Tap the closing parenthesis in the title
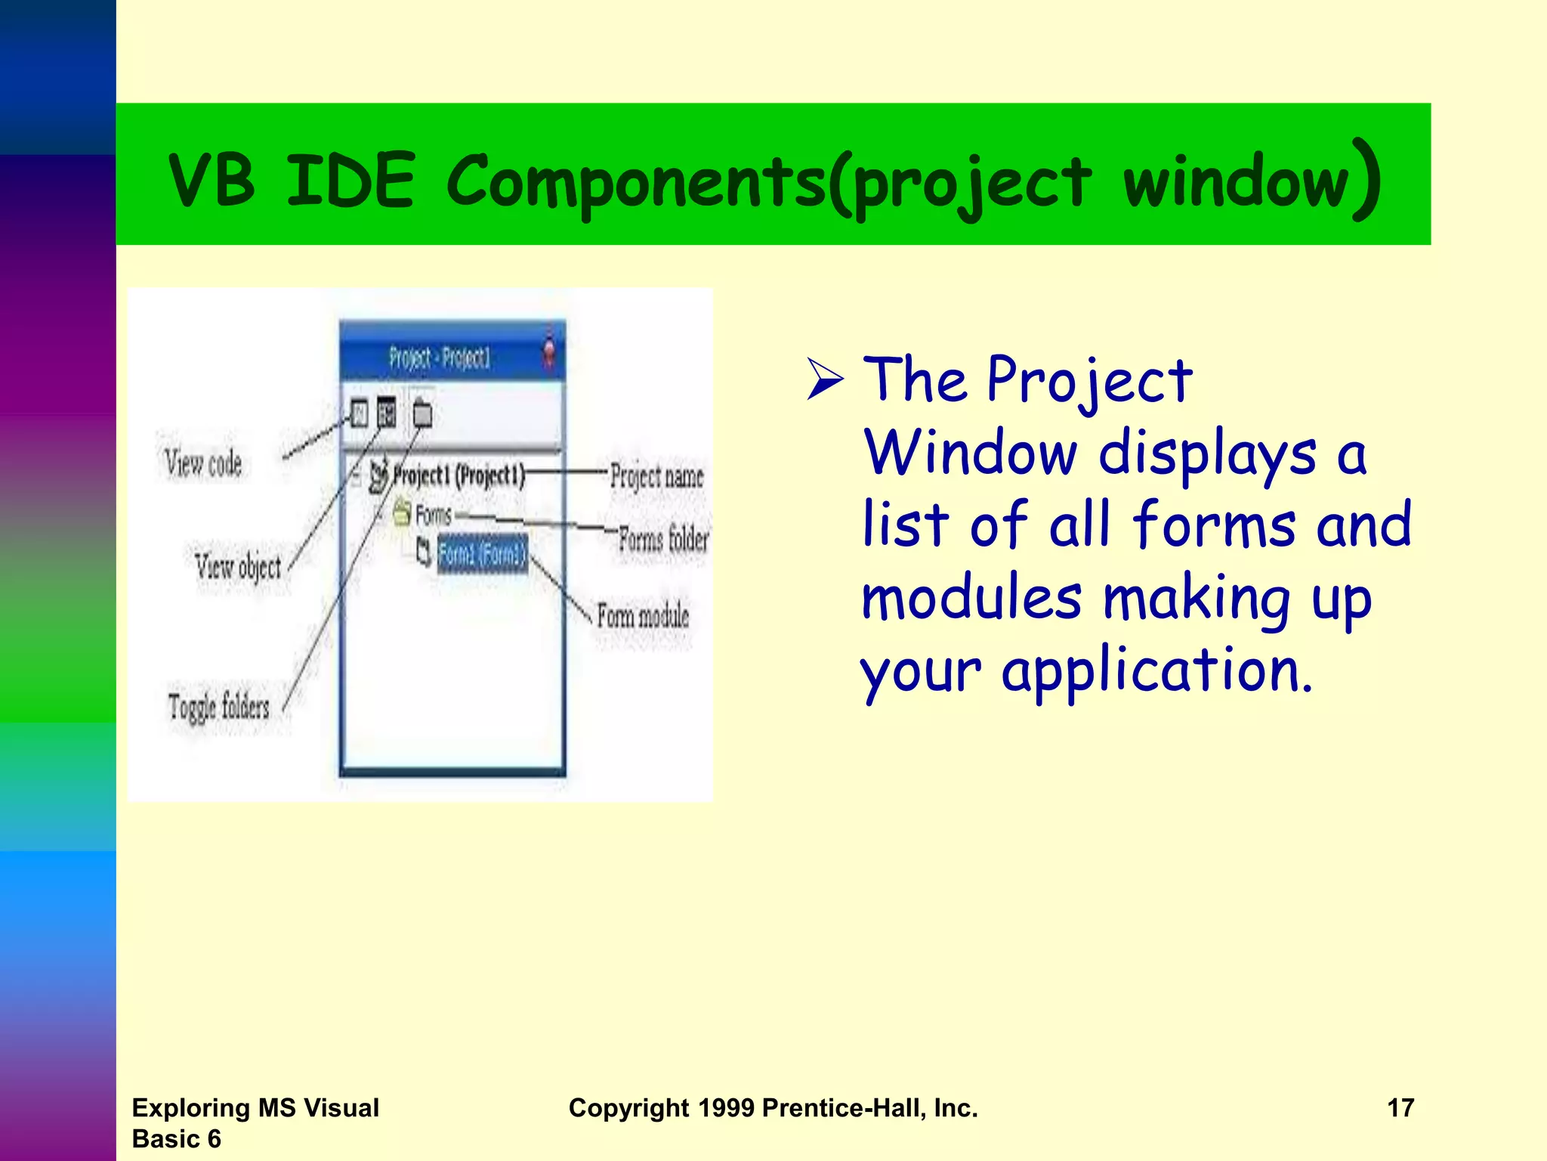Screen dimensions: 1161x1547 [x=1367, y=180]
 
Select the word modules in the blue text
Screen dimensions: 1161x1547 [x=971, y=598]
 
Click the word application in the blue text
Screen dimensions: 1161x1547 [x=1156, y=671]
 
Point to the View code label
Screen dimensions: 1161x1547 [x=203, y=462]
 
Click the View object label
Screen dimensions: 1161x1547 [x=238, y=566]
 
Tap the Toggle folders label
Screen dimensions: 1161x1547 [x=219, y=707]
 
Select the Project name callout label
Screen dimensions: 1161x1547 [x=656, y=476]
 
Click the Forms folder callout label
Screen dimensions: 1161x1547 [x=663, y=539]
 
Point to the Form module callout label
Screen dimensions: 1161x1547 [x=643, y=615]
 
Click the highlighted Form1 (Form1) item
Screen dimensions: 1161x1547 [x=482, y=555]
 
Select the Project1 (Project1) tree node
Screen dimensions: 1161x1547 [x=457, y=476]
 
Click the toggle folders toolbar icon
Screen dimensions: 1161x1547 [x=422, y=413]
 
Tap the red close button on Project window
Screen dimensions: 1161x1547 [x=549, y=352]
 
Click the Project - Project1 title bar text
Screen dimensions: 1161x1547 [x=440, y=357]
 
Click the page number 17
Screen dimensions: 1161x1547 [x=1400, y=1108]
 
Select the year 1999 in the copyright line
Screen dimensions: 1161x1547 [x=726, y=1108]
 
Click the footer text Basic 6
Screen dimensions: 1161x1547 [x=176, y=1138]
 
